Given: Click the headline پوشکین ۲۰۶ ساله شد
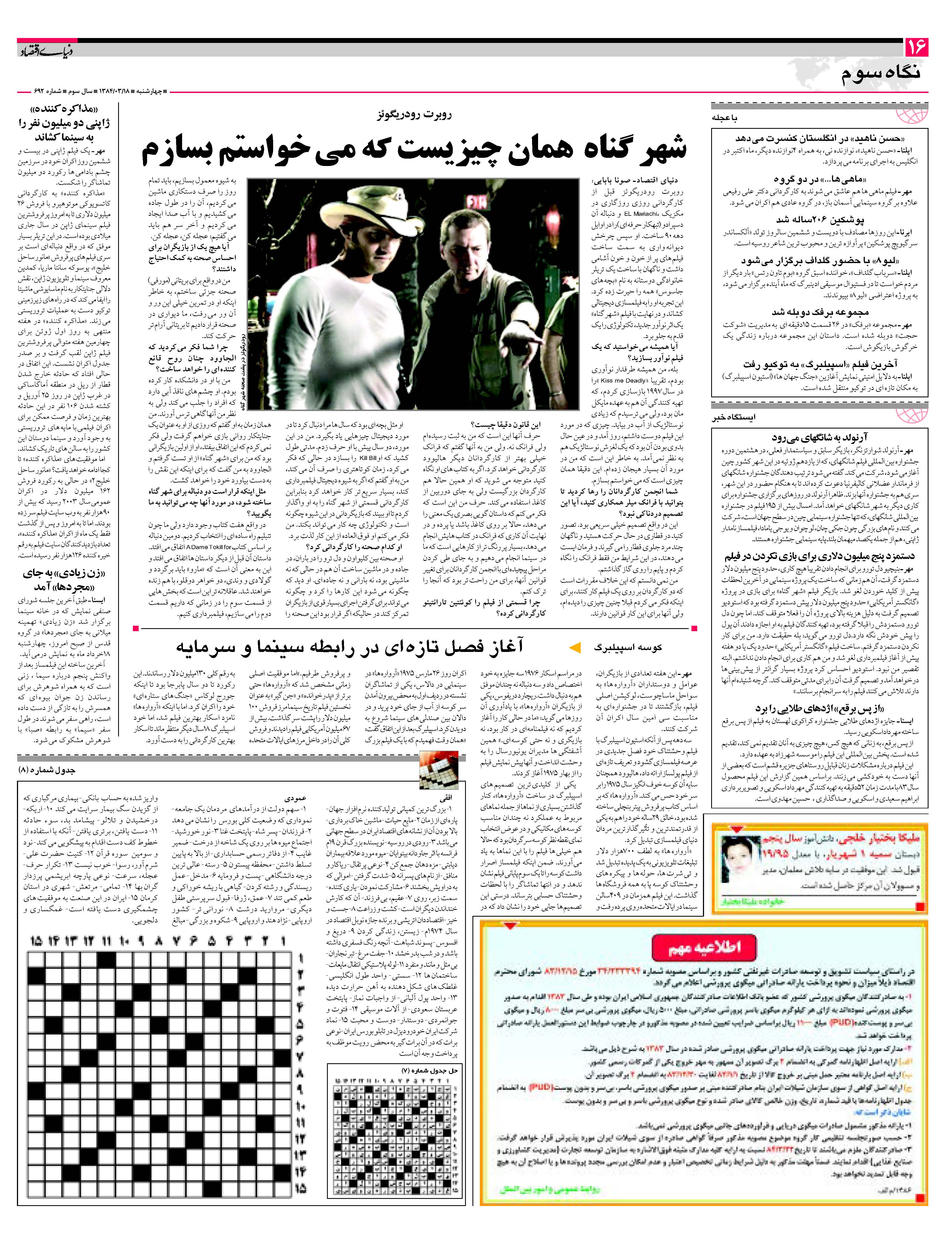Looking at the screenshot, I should pyautogui.click(x=820, y=220).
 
